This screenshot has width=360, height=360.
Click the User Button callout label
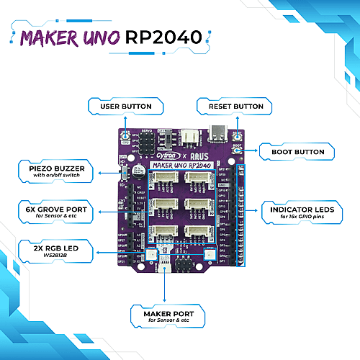click(125, 107)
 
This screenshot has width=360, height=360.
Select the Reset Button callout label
click(235, 107)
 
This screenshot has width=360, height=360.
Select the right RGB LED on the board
click(209, 254)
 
